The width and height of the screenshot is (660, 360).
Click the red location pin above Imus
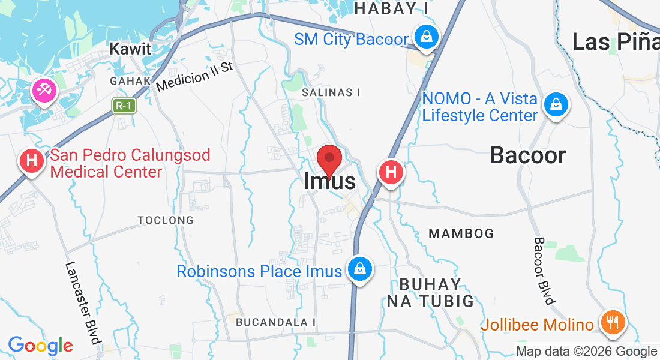point(329,158)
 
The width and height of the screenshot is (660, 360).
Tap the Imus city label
point(329,181)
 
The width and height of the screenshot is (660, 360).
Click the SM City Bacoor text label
point(351,40)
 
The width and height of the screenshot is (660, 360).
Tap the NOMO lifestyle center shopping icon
point(556,105)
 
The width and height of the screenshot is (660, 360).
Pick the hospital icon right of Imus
point(391,172)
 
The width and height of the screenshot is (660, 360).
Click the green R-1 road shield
point(125,106)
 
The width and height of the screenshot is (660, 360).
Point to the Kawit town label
point(130,49)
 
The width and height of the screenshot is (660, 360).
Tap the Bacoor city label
point(527,155)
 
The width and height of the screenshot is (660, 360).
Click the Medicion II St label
point(194,76)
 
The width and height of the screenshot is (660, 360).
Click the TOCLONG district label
point(166,220)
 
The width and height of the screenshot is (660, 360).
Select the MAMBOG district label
point(461,233)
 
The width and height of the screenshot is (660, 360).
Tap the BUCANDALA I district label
point(275,322)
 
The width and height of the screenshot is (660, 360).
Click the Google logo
point(40,346)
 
